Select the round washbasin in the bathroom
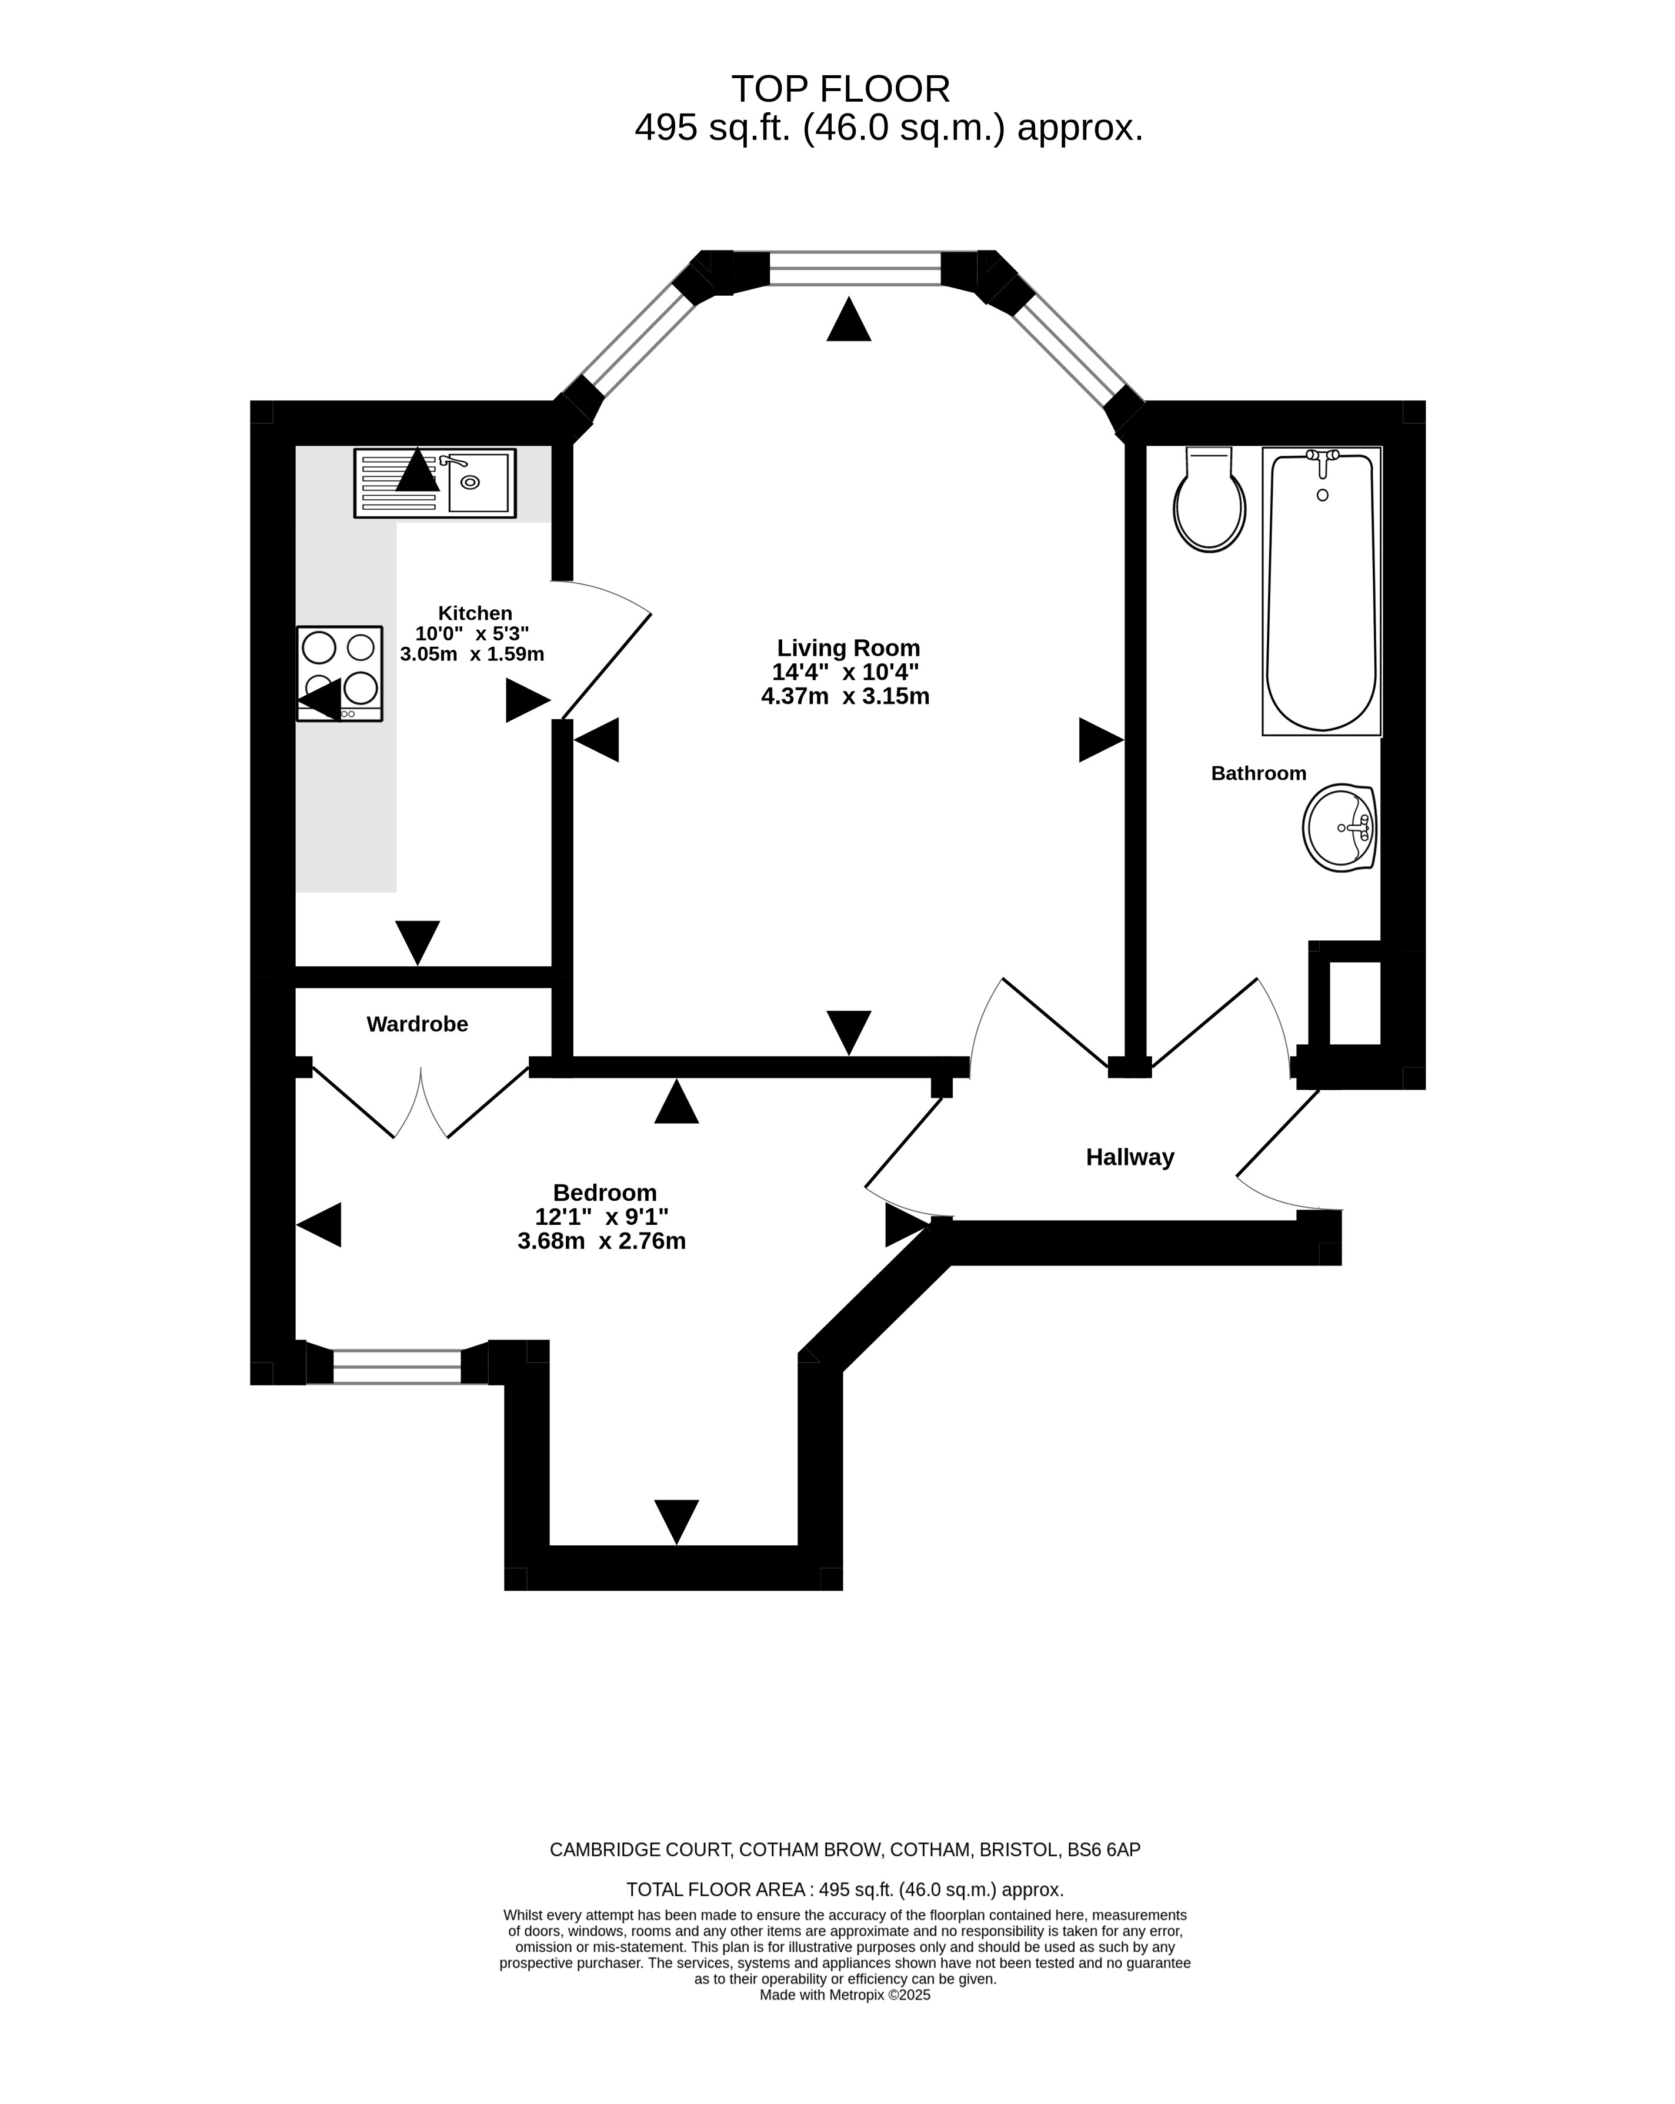[1339, 827]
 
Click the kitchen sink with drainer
[435, 483]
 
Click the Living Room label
[848, 648]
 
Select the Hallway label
[1129, 1157]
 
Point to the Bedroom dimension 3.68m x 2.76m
[601, 1241]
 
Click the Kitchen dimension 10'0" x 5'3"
[472, 633]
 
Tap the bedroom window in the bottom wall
[396, 1366]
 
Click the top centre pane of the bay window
[855, 268]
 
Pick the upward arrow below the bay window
[848, 319]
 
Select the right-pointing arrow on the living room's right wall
[1101, 740]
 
